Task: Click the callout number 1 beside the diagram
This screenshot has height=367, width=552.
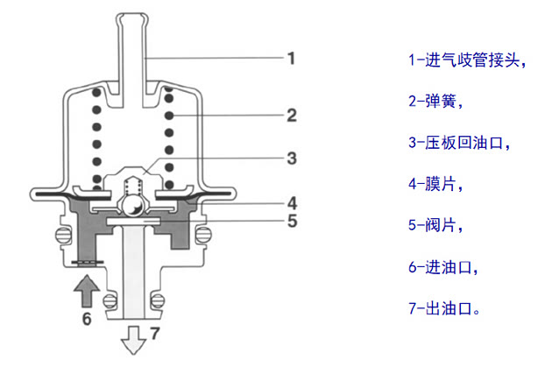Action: point(291,60)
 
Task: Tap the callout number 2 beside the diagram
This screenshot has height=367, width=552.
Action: point(292,115)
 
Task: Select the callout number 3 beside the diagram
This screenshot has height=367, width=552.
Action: point(292,159)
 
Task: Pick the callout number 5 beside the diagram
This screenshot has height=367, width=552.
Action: point(292,220)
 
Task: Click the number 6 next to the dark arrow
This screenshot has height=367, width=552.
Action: point(86,319)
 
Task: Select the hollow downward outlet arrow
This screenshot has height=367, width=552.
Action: point(134,340)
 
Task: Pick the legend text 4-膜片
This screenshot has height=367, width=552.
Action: point(434,184)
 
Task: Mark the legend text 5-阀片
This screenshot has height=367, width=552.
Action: point(434,226)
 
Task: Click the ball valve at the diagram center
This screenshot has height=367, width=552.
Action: point(132,206)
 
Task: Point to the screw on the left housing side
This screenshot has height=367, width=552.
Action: point(61,234)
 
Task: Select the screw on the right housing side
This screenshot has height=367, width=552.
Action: point(204,234)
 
